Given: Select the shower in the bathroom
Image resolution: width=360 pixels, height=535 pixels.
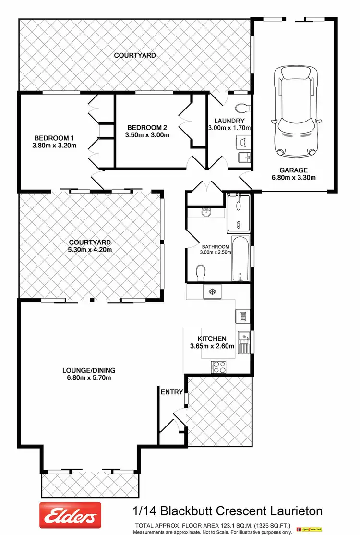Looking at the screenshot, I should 238,212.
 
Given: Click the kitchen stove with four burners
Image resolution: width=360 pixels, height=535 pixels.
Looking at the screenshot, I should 219,367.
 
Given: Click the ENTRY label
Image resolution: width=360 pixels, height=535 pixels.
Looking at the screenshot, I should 172,392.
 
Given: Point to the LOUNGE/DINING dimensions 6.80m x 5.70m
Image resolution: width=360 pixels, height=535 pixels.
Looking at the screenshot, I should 89,378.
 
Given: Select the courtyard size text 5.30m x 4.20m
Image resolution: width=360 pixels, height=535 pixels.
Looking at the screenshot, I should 90,250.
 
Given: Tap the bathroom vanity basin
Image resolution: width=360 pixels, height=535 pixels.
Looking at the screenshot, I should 205,212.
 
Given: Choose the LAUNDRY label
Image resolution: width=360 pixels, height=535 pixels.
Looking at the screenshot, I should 229,121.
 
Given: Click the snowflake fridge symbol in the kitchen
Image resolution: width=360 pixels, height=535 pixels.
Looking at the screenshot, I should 212,291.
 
